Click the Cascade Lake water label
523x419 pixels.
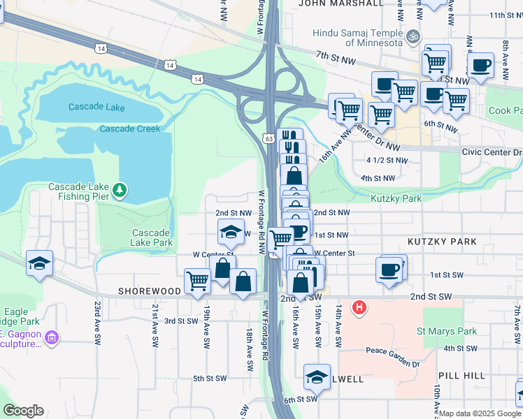coord(96,107)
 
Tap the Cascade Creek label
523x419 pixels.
coord(130,129)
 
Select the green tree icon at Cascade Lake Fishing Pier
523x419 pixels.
coord(120,189)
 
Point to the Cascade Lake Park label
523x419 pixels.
coord(152,237)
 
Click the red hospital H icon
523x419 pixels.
coord(359,307)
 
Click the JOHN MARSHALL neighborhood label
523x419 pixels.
coord(341,3)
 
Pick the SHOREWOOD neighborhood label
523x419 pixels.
coord(150,291)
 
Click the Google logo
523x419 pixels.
coord(23,411)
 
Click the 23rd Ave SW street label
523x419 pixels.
coord(97,321)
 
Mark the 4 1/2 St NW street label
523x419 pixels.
coord(386,160)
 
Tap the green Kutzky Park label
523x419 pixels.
coord(396,198)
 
